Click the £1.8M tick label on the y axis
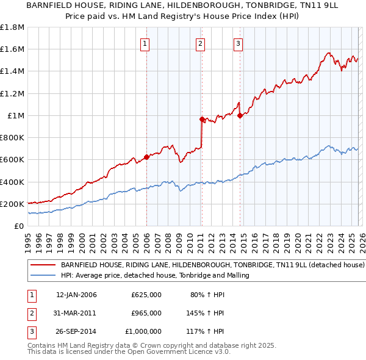[x=12, y=27]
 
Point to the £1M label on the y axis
[x=16, y=116]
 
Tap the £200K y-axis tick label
[x=12, y=204]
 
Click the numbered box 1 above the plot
[x=145, y=43]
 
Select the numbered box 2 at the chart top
[x=200, y=43]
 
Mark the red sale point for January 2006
[x=146, y=157]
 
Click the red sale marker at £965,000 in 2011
[x=202, y=120]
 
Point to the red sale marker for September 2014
[x=240, y=115]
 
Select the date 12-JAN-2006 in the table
[x=76, y=295]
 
